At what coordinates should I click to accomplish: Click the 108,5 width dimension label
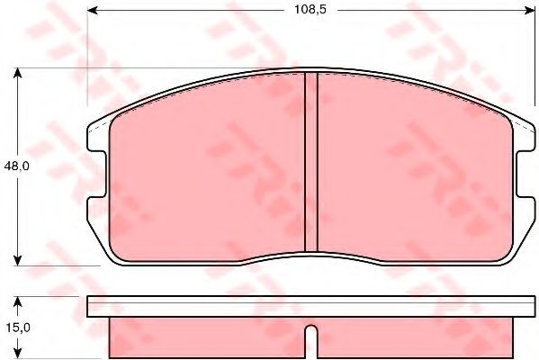click(x=310, y=10)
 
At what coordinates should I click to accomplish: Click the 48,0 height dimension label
click(x=17, y=166)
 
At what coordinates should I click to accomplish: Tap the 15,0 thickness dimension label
click(x=18, y=328)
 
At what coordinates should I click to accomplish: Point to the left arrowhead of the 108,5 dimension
click(x=93, y=10)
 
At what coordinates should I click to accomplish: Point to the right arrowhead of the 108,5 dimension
click(x=529, y=10)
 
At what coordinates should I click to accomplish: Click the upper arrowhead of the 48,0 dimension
click(x=17, y=73)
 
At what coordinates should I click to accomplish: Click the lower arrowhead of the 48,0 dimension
click(x=17, y=260)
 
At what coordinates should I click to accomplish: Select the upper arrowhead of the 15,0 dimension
click(x=17, y=301)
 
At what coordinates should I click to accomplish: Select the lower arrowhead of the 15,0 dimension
click(x=17, y=352)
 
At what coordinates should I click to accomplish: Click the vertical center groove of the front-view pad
click(x=311, y=162)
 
